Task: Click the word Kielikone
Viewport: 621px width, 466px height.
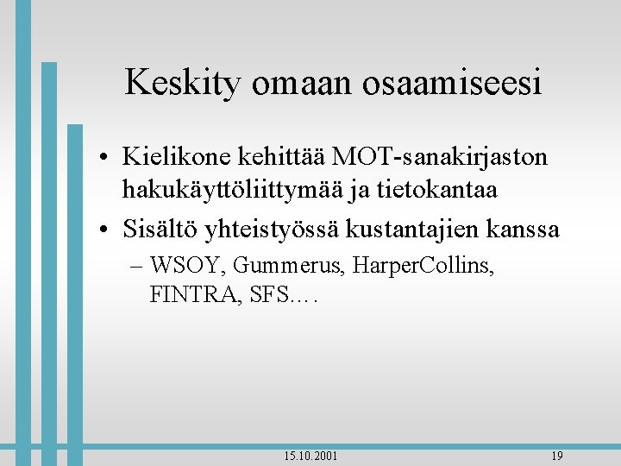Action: [x=177, y=157]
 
